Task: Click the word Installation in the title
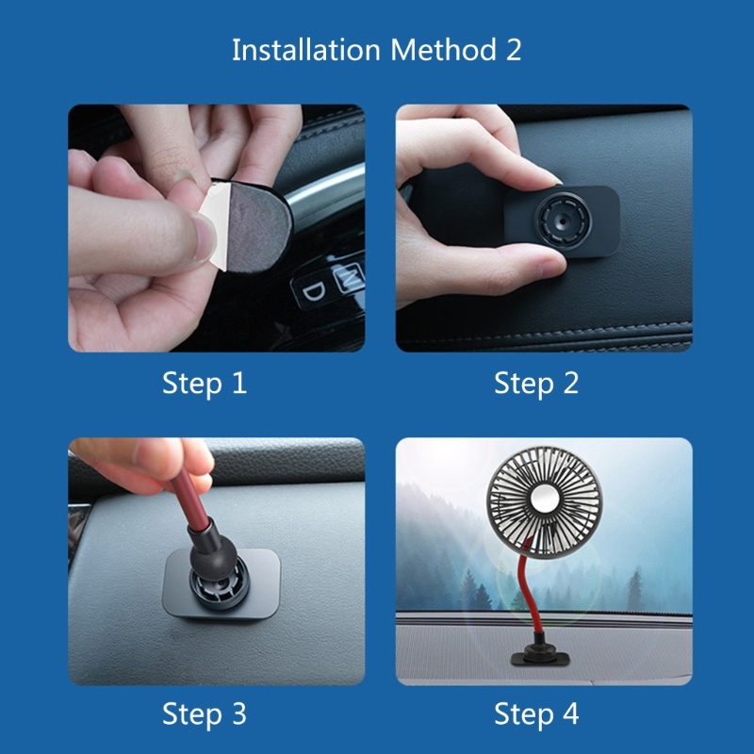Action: coord(306,50)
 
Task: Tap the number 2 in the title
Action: coord(513,50)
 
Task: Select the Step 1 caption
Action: coord(205,384)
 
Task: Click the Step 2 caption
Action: coord(536,384)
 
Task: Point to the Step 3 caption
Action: coord(205,713)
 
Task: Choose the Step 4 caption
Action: coord(536,713)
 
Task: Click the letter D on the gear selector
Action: coord(314,291)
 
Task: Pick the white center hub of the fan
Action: coord(544,498)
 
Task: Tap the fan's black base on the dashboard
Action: coord(539,657)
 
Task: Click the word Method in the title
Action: coord(443,50)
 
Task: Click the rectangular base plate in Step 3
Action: coord(221,583)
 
